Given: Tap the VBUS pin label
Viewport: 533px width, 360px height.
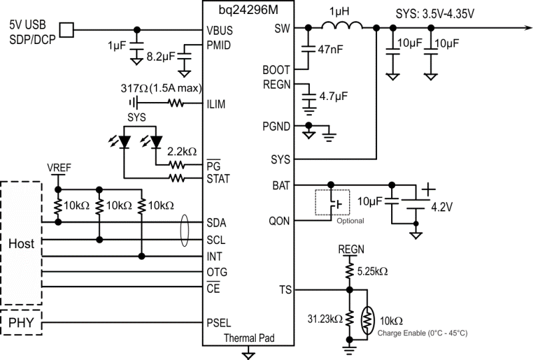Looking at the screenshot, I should [x=220, y=29].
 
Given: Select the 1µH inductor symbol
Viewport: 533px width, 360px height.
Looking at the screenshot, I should [x=342, y=27].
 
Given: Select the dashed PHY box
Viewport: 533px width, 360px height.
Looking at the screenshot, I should [x=21, y=325].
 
